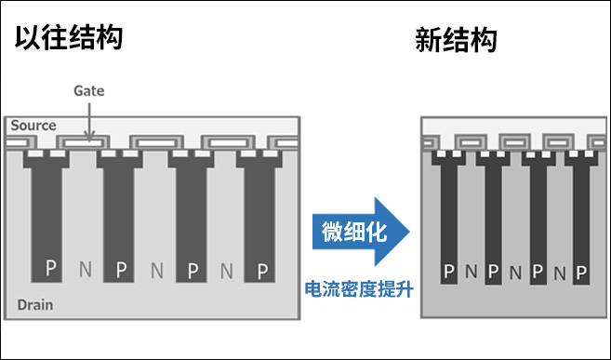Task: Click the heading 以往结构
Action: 69,38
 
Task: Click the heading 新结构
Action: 456,40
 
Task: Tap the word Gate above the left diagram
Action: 89,91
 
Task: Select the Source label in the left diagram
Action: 33,126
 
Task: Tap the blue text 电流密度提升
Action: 359,288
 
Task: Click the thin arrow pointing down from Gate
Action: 89,121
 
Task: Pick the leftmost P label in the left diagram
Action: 52,270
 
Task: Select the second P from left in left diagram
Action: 121,270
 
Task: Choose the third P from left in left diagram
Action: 193,270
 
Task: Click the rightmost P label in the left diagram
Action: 263,270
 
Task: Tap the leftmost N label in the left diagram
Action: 86,270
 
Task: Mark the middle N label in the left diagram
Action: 157,270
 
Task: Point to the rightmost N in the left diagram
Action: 228,270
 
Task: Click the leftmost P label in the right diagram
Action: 448,273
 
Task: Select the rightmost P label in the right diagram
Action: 582,273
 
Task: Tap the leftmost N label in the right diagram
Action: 471,273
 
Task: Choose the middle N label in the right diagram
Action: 515,273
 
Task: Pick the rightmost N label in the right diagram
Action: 560,273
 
